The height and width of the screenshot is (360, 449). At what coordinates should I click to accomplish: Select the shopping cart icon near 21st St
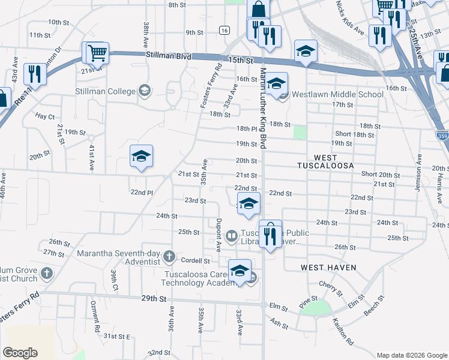click(97, 52)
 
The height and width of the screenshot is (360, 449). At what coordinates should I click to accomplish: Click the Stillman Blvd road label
click(168, 56)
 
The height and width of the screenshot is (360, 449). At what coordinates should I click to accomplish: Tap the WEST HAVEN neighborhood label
click(328, 267)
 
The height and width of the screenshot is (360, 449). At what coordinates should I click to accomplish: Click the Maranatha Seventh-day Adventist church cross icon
click(169, 257)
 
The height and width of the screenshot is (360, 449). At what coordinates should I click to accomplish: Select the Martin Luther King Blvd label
click(263, 108)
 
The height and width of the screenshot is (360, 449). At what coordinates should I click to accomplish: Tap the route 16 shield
click(224, 30)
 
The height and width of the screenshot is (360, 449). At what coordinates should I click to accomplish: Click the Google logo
click(20, 353)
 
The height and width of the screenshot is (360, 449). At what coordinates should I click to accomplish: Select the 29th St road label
click(152, 298)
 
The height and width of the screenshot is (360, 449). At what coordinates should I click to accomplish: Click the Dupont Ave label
click(219, 233)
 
